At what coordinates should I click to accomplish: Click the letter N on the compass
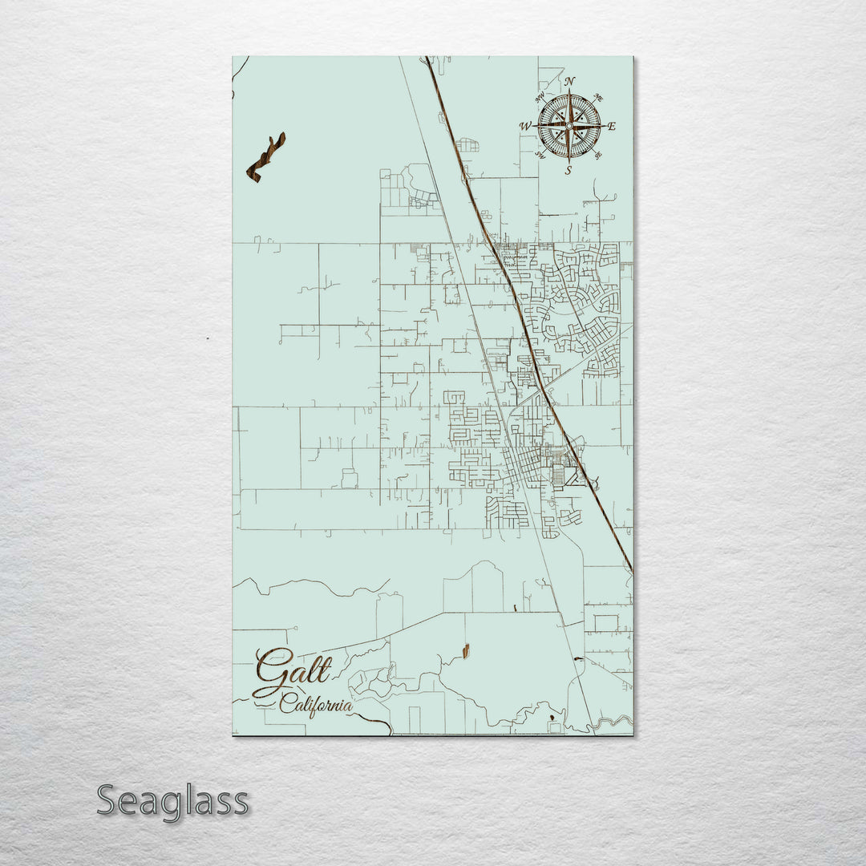(570, 82)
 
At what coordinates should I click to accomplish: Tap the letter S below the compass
(568, 170)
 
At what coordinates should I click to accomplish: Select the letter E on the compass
(612, 126)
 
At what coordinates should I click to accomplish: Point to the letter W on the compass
(525, 126)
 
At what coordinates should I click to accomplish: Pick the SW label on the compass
(540, 156)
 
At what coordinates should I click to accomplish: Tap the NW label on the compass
(540, 97)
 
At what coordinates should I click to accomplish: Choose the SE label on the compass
(598, 155)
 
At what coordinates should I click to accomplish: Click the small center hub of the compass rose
(569, 126)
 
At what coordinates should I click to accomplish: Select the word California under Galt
(316, 706)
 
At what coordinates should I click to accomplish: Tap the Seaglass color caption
(172, 800)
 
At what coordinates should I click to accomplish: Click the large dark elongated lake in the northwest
(266, 157)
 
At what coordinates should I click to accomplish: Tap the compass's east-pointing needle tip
(602, 126)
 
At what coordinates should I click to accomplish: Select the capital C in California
(286, 706)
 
